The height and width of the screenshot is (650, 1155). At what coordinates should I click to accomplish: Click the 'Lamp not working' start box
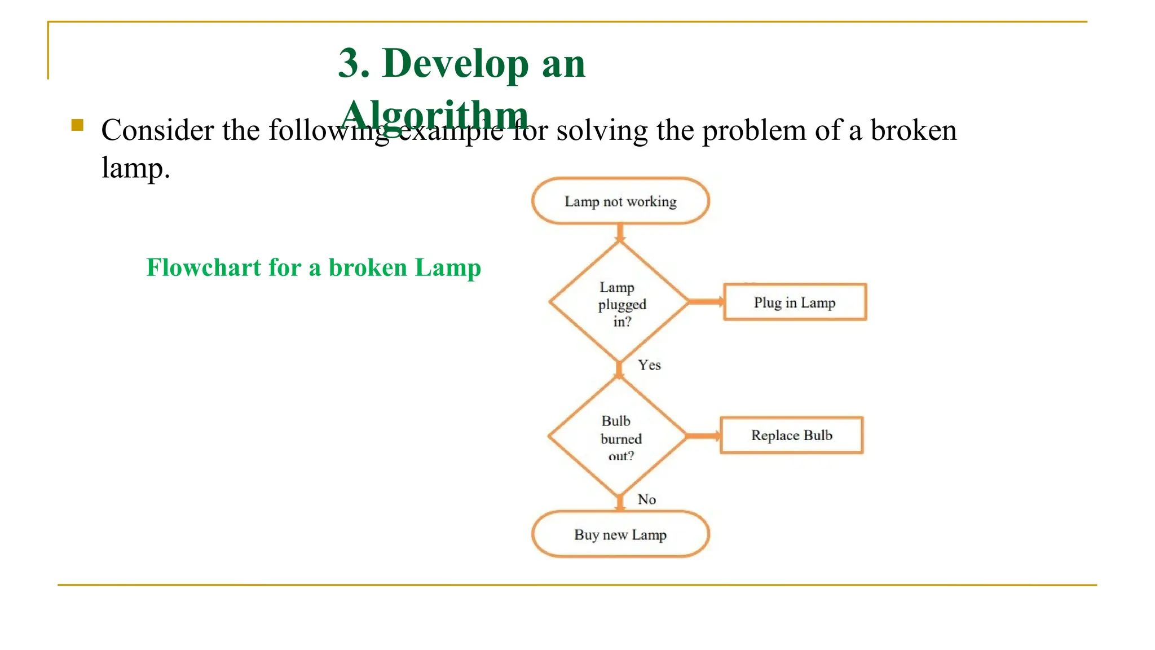pyautogui.click(x=620, y=201)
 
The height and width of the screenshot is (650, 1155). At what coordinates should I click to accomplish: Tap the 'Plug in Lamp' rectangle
pyautogui.click(x=795, y=302)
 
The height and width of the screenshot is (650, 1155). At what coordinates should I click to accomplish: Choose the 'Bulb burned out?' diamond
pyautogui.click(x=619, y=436)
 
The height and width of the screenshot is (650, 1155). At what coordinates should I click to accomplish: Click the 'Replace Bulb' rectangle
pyautogui.click(x=791, y=435)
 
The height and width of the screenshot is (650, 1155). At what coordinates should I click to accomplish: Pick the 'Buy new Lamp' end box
pyautogui.click(x=620, y=534)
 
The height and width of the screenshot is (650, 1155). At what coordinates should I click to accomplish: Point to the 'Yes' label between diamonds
pyautogui.click(x=649, y=365)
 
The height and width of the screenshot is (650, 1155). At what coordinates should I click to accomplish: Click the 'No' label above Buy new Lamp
pyautogui.click(x=647, y=499)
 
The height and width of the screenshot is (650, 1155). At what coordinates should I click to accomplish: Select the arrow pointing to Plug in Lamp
pyautogui.click(x=706, y=302)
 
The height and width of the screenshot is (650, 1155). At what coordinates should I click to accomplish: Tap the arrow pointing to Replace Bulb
pyautogui.click(x=703, y=436)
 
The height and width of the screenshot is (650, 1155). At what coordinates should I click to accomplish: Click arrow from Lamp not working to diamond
pyautogui.click(x=620, y=232)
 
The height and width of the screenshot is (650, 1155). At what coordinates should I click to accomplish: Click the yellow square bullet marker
pyautogui.click(x=78, y=125)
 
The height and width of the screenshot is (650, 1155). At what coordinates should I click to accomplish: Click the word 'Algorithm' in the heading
pyautogui.click(x=434, y=115)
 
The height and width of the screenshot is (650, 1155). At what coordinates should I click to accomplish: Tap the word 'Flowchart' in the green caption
pyautogui.click(x=204, y=267)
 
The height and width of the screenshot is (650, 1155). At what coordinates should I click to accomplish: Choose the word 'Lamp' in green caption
pyautogui.click(x=448, y=267)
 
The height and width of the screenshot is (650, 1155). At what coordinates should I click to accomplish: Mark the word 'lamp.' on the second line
pyautogui.click(x=135, y=168)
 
